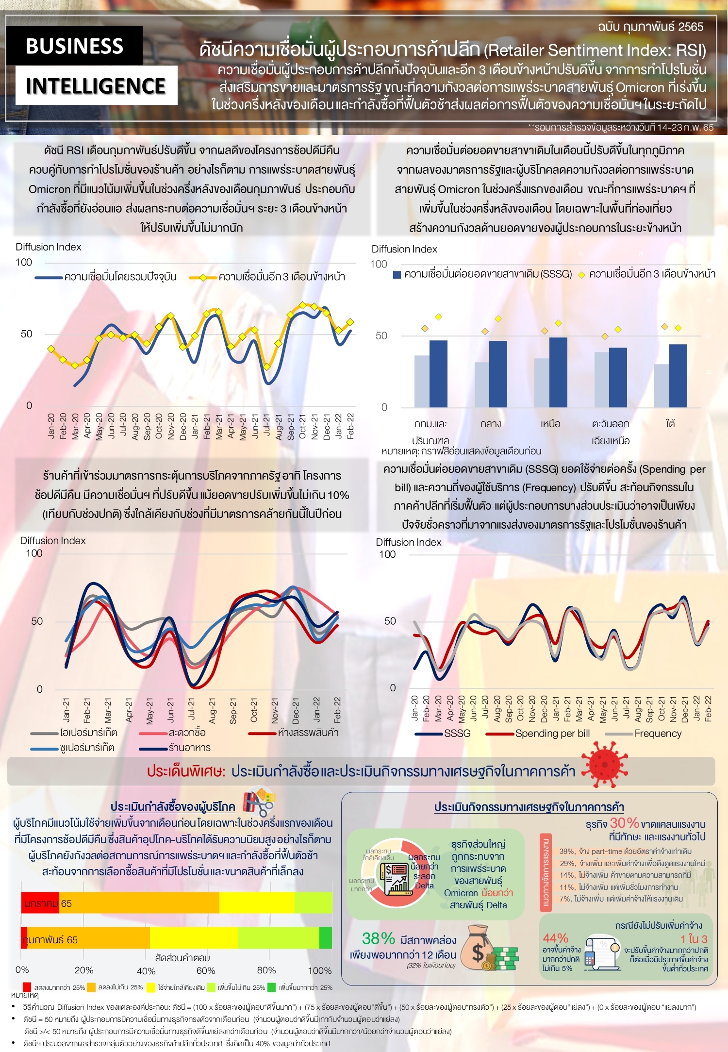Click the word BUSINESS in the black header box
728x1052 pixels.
pyautogui.click(x=74, y=46)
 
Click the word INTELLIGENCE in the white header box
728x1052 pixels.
pyautogui.click(x=96, y=86)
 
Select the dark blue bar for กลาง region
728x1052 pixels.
pyautogui.click(x=498, y=374)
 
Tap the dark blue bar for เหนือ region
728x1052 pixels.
pyautogui.click(x=558, y=372)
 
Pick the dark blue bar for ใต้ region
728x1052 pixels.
pyautogui.click(x=678, y=375)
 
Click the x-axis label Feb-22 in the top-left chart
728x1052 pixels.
pyautogui.click(x=350, y=426)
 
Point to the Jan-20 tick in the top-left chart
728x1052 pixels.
pyautogui.click(x=51, y=426)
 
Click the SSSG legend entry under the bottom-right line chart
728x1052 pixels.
pyautogui.click(x=457, y=733)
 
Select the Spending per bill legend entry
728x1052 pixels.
pyautogui.click(x=552, y=733)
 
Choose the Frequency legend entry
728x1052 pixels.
pyautogui.click(x=658, y=733)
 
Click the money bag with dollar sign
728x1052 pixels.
pyautogui.click(x=478, y=949)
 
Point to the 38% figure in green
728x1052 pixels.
pyautogui.click(x=379, y=938)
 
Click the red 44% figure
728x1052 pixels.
pyautogui.click(x=555, y=938)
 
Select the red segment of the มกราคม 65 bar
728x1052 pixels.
pyautogui.click(x=40, y=903)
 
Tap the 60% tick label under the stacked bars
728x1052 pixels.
pyautogui.click(x=206, y=970)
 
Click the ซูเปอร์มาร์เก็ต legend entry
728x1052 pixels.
pyautogui.click(x=86, y=748)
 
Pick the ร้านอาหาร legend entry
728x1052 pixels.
pyautogui.click(x=189, y=748)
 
